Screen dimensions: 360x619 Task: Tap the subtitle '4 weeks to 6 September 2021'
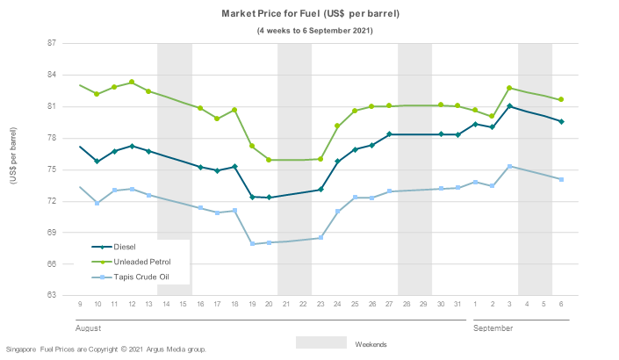(x=314, y=31)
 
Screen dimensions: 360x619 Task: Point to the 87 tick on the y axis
(x=51, y=43)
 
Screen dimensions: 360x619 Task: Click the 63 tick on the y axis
(x=51, y=295)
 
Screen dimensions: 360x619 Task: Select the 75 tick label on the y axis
(x=51, y=169)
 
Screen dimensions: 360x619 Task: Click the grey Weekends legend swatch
(x=320, y=342)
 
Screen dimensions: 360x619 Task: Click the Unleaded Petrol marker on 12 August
(x=132, y=83)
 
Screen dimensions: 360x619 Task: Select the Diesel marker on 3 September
(x=509, y=106)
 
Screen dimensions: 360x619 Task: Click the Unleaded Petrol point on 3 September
(x=509, y=88)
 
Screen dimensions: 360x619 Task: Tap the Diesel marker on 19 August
(x=252, y=197)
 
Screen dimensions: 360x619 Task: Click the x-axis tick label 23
(x=320, y=304)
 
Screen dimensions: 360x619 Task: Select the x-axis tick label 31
(x=457, y=304)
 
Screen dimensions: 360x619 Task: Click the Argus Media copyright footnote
(x=106, y=349)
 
